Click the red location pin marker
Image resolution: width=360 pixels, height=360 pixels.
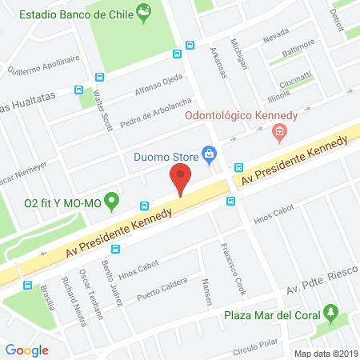click(x=181, y=178)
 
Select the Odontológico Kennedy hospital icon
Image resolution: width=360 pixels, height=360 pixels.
click(x=279, y=133)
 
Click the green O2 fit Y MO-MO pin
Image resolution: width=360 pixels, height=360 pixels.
click(x=112, y=199)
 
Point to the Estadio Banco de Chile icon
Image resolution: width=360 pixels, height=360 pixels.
click(x=143, y=12)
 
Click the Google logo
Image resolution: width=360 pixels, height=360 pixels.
click(x=26, y=350)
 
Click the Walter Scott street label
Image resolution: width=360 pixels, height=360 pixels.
click(x=102, y=110)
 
